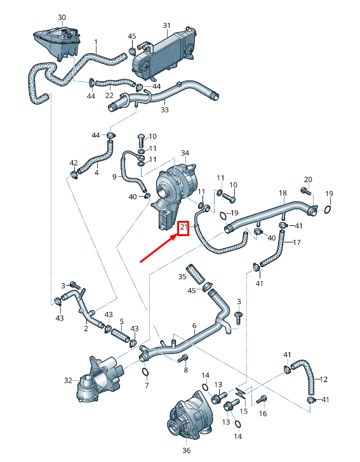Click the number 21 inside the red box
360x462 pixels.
pos(183,227)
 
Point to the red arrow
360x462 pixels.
pos(158,248)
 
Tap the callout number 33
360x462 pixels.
pos(164,109)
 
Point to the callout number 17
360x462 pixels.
pos(297,242)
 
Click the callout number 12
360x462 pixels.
pos(324,379)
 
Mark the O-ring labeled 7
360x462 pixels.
pos(145,372)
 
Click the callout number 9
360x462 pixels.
pos(115,176)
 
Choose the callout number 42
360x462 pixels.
pos(74,163)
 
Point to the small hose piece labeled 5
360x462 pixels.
pos(120,332)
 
